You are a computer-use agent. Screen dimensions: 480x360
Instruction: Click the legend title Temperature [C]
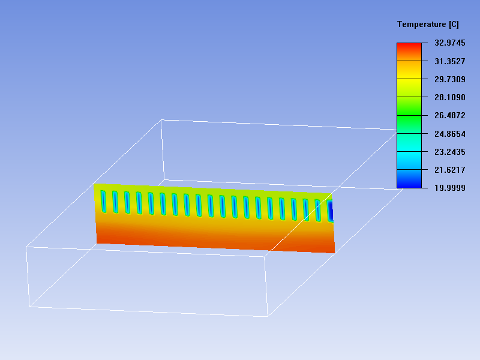(x=428, y=25)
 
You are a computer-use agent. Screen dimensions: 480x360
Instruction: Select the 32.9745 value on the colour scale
(x=449, y=43)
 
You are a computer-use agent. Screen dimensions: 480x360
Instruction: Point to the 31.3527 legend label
(x=449, y=61)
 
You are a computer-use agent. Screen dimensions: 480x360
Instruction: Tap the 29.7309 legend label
(x=449, y=79)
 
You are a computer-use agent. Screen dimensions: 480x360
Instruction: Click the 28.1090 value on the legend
(x=449, y=97)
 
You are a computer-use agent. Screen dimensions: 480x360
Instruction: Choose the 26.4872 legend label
(x=449, y=115)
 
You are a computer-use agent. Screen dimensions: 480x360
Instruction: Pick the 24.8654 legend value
(x=449, y=134)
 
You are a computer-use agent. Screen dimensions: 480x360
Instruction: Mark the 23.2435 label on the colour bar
(x=449, y=152)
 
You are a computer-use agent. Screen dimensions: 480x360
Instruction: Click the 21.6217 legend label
(x=449, y=170)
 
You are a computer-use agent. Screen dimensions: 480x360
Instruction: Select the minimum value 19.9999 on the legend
(x=449, y=188)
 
